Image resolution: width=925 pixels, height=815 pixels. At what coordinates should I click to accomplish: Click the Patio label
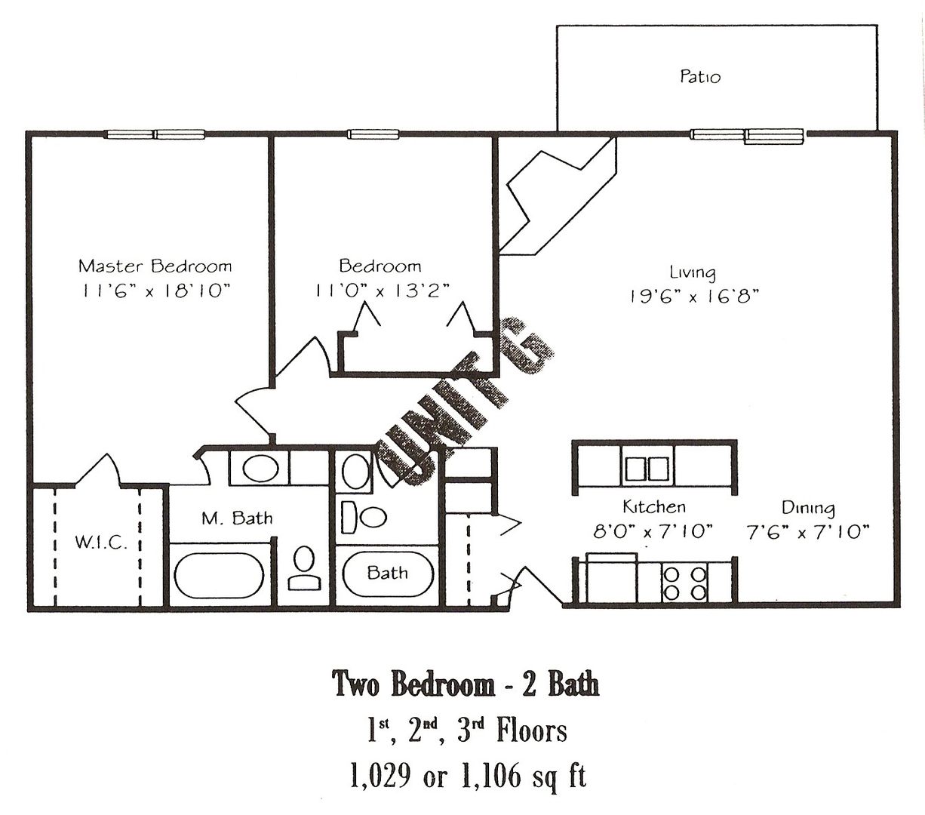pyautogui.click(x=700, y=76)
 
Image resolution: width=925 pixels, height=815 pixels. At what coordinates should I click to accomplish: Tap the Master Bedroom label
pyautogui.click(x=155, y=266)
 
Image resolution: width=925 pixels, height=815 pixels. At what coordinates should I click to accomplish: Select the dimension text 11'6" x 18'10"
pyautogui.click(x=155, y=291)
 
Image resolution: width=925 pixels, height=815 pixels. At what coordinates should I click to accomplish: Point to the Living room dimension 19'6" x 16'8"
pyautogui.click(x=694, y=297)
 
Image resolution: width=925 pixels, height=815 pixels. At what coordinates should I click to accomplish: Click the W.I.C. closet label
pyautogui.click(x=101, y=543)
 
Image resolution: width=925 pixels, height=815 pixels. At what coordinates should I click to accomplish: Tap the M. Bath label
pyautogui.click(x=237, y=518)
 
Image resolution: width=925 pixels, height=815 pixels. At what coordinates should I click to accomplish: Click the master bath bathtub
pyautogui.click(x=219, y=575)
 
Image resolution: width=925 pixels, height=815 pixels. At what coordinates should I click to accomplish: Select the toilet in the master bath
pyautogui.click(x=304, y=568)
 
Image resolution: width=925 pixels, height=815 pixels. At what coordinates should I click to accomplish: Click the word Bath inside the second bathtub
pyautogui.click(x=387, y=573)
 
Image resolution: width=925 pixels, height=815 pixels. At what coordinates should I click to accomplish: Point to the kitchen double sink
pyautogui.click(x=647, y=469)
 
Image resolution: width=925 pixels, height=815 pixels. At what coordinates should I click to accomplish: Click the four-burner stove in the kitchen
pyautogui.click(x=685, y=583)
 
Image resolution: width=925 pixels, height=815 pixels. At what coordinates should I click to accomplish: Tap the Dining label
pyautogui.click(x=808, y=508)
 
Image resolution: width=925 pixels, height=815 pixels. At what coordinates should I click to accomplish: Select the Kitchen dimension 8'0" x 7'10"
pyautogui.click(x=653, y=531)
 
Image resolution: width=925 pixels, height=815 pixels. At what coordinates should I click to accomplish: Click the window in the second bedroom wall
pyautogui.click(x=373, y=134)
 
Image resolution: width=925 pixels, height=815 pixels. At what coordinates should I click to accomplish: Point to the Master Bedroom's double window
pyautogui.click(x=155, y=134)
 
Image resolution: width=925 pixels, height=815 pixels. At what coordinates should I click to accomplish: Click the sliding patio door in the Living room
pyautogui.click(x=746, y=136)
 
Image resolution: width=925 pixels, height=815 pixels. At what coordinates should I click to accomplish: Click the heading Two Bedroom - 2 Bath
pyautogui.click(x=466, y=684)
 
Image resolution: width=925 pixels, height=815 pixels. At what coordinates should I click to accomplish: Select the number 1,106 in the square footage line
pyautogui.click(x=491, y=773)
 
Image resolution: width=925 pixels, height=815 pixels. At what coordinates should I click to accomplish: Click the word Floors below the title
pyautogui.click(x=532, y=730)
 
